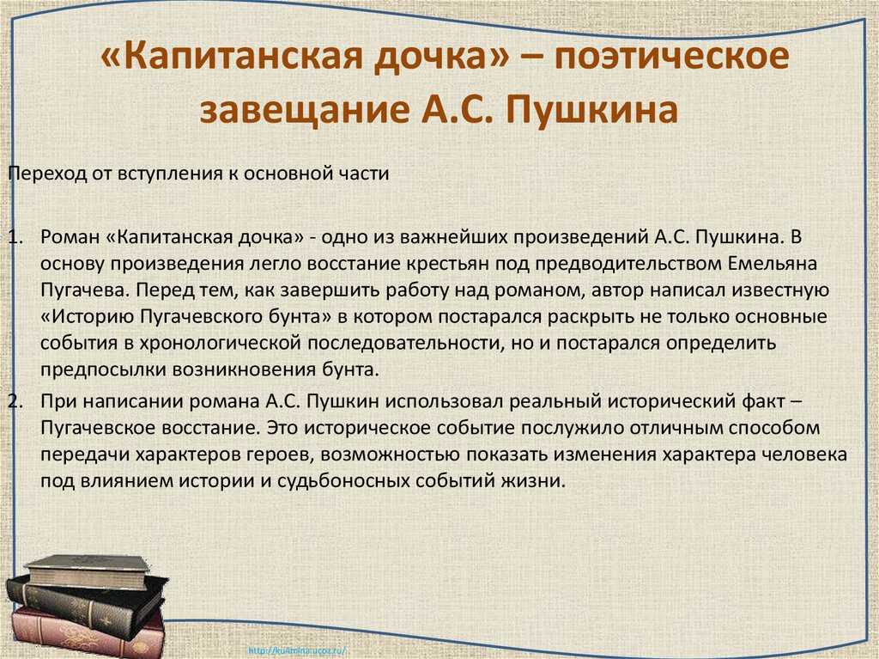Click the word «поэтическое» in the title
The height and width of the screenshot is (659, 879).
(x=672, y=57)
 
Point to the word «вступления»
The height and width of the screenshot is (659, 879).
(x=168, y=174)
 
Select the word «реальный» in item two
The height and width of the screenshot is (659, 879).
(x=555, y=402)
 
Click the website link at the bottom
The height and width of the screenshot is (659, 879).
(x=296, y=651)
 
